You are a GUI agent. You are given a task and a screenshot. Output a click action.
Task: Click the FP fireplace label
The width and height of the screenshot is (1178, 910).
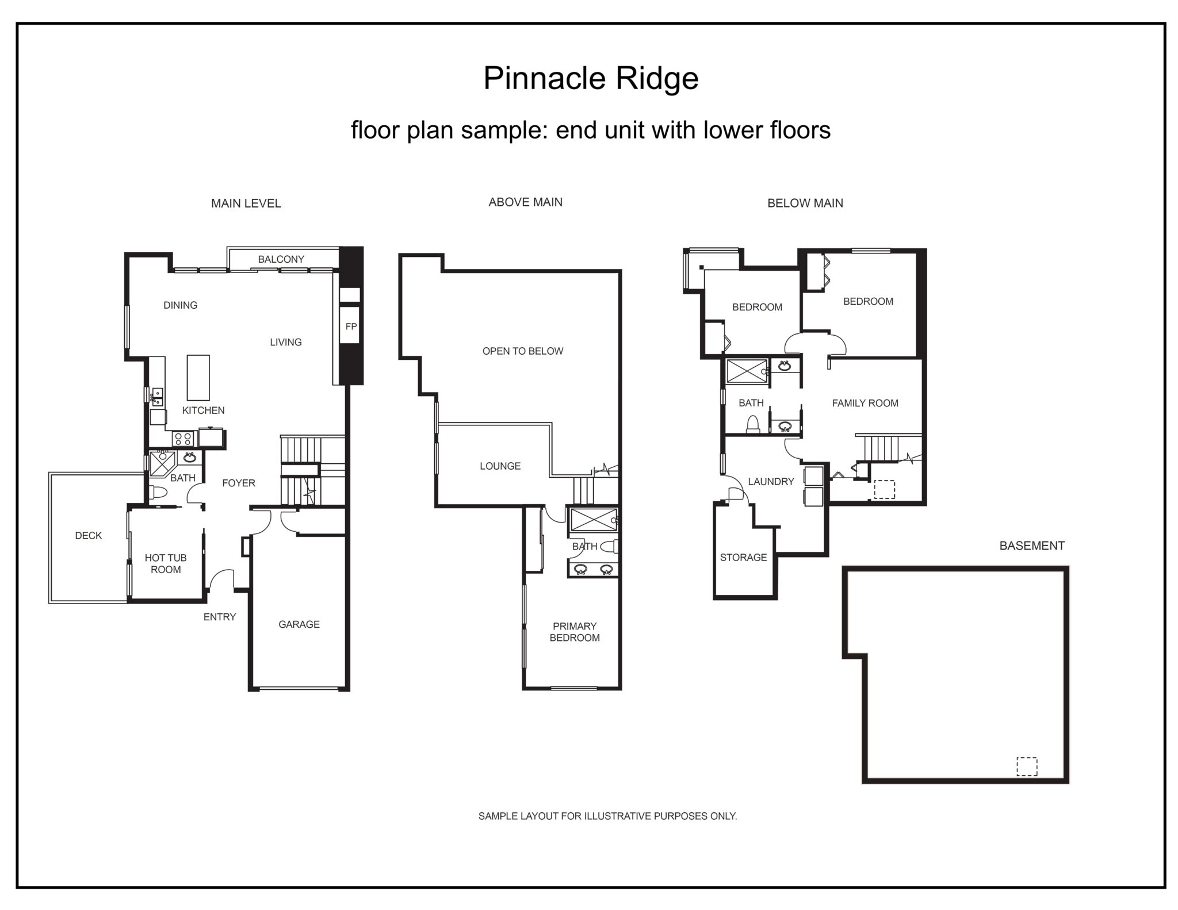pyautogui.click(x=351, y=327)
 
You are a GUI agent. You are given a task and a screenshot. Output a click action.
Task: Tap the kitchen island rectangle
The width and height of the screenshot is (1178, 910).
pyautogui.click(x=198, y=378)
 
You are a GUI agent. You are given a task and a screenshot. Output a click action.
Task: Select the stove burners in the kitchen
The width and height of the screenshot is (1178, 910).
pyautogui.click(x=183, y=439)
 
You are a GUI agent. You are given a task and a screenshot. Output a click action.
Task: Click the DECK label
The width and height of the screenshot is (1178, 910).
pyautogui.click(x=89, y=536)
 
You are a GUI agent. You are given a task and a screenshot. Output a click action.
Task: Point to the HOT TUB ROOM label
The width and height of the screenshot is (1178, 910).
pyautogui.click(x=166, y=563)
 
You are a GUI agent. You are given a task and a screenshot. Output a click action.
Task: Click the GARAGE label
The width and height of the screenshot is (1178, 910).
pyautogui.click(x=299, y=624)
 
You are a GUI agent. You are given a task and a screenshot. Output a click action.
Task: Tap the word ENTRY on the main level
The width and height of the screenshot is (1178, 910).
pyautogui.click(x=220, y=617)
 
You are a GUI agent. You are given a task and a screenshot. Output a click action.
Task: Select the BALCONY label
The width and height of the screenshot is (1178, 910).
pyautogui.click(x=281, y=259)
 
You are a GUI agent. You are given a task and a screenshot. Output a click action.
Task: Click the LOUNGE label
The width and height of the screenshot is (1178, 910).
pyautogui.click(x=500, y=466)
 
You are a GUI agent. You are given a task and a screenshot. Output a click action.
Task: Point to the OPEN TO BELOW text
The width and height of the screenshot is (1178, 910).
pyautogui.click(x=523, y=351)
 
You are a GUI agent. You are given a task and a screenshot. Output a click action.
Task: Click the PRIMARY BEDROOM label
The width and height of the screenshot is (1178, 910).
pyautogui.click(x=575, y=632)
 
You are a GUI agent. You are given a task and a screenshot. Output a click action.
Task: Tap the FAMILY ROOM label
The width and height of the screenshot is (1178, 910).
pyautogui.click(x=865, y=404)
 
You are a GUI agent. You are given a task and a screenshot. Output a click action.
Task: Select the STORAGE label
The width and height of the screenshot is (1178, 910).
pyautogui.click(x=743, y=557)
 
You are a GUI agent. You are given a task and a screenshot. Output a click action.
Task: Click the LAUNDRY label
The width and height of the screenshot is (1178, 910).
pyautogui.click(x=771, y=482)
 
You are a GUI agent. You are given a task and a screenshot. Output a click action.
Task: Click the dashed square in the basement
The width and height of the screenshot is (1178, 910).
pyautogui.click(x=1027, y=766)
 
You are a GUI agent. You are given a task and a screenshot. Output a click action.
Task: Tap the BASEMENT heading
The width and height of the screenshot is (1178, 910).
pyautogui.click(x=1032, y=546)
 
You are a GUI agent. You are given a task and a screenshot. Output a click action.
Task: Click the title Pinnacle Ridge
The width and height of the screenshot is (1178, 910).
pyautogui.click(x=591, y=78)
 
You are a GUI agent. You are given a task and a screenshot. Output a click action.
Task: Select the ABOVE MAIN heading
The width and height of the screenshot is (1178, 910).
pyautogui.click(x=525, y=202)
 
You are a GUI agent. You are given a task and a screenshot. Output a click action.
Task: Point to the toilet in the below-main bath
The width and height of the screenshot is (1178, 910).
pyautogui.click(x=753, y=425)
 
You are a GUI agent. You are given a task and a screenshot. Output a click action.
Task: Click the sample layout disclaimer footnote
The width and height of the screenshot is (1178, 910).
pyautogui.click(x=607, y=816)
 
